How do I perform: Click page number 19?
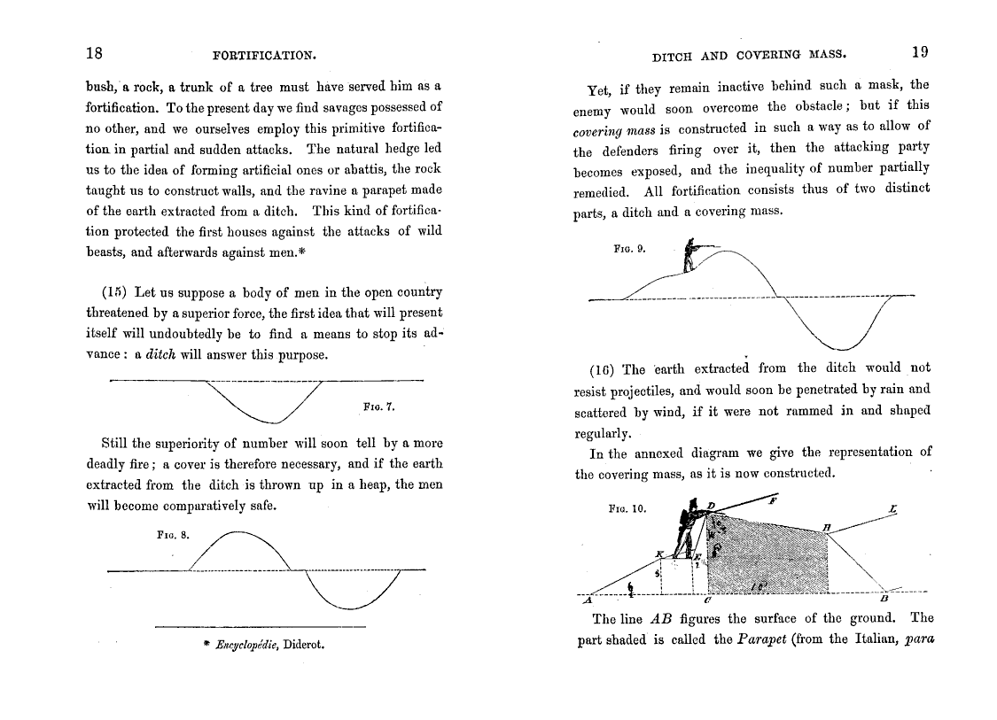pos(919,51)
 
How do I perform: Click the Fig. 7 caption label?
pos(378,407)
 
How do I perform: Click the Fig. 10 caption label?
pos(627,509)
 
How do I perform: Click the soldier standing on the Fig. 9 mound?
pos(690,256)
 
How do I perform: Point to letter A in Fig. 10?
pos(587,600)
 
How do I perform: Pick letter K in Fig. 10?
pos(658,554)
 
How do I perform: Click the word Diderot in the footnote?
pos(303,645)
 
